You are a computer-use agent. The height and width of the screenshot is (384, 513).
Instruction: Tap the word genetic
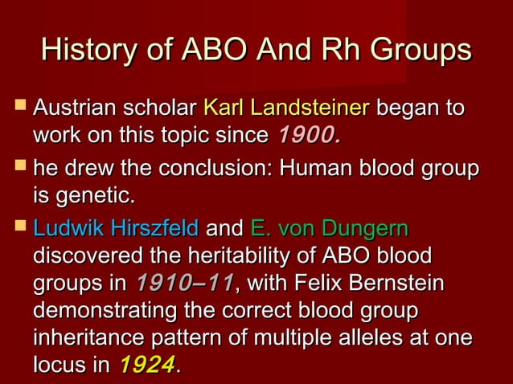point(96,195)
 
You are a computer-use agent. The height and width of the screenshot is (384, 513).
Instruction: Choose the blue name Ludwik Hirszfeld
point(116,229)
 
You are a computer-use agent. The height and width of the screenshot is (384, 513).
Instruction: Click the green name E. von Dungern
point(330,229)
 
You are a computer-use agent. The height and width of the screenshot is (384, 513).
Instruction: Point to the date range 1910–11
point(184,284)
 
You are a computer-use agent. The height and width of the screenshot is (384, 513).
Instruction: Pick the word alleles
point(389,337)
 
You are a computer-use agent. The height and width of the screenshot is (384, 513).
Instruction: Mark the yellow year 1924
point(146,366)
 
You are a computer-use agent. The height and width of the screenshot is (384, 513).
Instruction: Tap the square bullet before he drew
point(17,169)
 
